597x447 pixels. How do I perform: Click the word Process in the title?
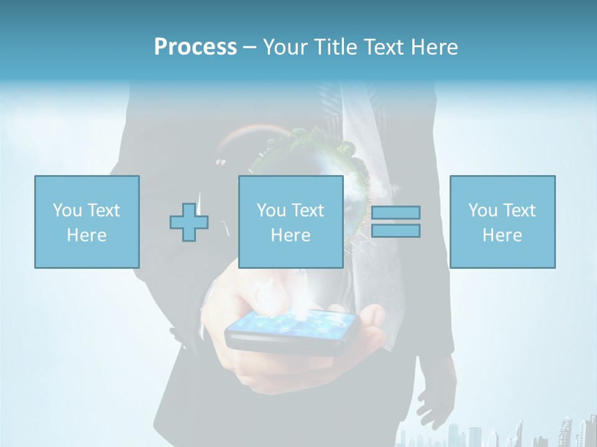point(195,47)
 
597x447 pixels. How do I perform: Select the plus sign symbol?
point(189,222)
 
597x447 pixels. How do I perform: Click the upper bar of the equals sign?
point(396,212)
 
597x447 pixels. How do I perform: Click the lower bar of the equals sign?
point(396,230)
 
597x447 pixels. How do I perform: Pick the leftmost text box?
point(86,222)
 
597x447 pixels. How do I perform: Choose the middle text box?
point(290,222)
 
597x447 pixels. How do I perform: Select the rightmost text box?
point(502,222)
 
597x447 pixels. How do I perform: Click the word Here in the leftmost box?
point(86,235)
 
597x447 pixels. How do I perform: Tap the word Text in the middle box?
point(308,210)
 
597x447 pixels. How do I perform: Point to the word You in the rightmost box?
point(483,210)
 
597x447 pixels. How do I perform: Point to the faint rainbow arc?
point(249,130)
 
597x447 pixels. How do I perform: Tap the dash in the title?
point(249,47)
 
